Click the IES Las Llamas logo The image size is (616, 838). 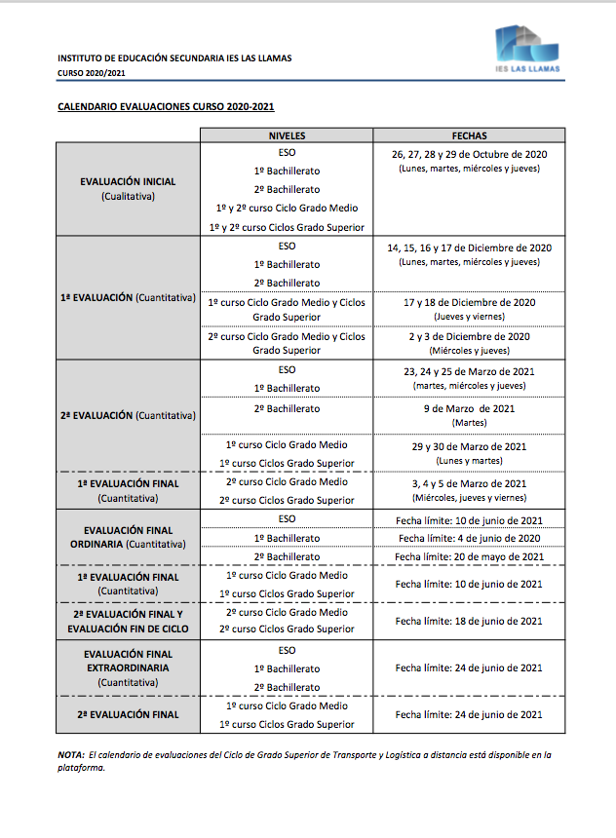click(x=526, y=52)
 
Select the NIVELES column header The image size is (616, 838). click(x=287, y=136)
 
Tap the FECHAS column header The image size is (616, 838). click(x=469, y=136)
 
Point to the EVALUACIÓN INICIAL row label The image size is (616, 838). click(x=128, y=182)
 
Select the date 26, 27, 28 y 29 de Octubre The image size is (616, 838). click(x=469, y=155)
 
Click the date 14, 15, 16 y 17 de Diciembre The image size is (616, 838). click(x=469, y=248)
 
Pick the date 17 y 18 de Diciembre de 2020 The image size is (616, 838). click(x=469, y=303)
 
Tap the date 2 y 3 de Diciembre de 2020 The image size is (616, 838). click(x=469, y=337)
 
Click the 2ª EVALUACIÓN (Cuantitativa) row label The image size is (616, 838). click(x=128, y=415)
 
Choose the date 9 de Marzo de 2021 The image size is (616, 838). click(x=469, y=409)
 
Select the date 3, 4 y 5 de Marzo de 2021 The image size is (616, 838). click(x=469, y=483)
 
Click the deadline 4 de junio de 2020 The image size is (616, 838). click(x=469, y=539)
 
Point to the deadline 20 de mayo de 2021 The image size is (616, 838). click(x=469, y=557)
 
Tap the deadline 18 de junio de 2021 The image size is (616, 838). click(x=469, y=621)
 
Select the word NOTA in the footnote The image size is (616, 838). click(x=70, y=754)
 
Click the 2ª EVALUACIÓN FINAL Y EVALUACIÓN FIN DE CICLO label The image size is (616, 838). click(x=128, y=621)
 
